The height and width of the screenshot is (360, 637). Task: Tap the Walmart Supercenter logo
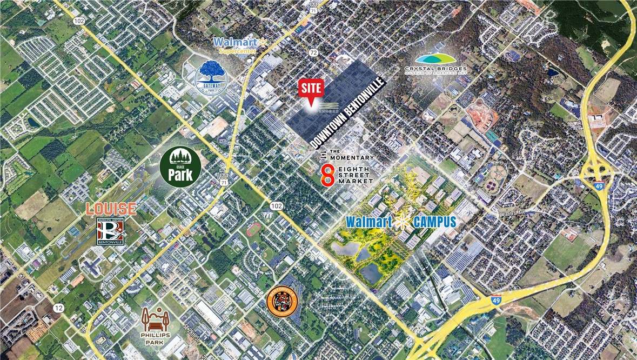point(240,45)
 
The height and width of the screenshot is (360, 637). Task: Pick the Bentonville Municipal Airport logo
point(110,232)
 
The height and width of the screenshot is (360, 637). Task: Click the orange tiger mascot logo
point(282,303)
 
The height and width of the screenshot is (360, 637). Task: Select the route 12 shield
point(58,308)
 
